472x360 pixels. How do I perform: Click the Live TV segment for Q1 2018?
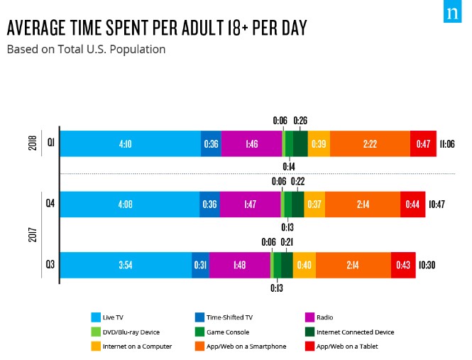[130, 144]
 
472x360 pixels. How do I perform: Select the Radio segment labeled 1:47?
[250, 204]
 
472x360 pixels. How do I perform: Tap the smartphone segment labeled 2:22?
[370, 144]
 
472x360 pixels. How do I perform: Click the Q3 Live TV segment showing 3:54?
[125, 265]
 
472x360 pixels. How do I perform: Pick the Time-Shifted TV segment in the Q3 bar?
[200, 265]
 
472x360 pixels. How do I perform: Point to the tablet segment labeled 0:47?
[423, 144]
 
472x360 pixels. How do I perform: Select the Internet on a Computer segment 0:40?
[304, 265]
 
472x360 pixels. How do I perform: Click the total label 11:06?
[446, 144]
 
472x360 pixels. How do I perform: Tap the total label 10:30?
[426, 265]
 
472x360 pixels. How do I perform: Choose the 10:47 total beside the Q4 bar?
[436, 204]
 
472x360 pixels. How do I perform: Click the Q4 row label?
[50, 204]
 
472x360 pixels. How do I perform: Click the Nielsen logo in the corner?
[452, 13]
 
